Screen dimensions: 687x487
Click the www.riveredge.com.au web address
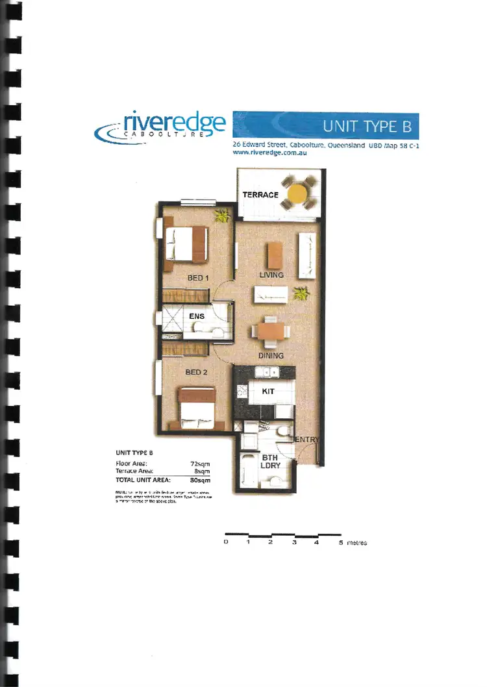pyautogui.click(x=269, y=153)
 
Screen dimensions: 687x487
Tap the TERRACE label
pyautogui.click(x=260, y=195)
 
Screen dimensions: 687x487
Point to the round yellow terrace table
pyautogui.click(x=298, y=193)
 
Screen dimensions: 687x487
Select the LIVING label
pyautogui.click(x=271, y=275)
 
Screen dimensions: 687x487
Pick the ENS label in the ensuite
pyautogui.click(x=197, y=317)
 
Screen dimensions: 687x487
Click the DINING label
pyautogui.click(x=270, y=356)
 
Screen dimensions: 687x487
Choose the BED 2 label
pyautogui.click(x=196, y=372)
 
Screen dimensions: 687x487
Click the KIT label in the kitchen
pyautogui.click(x=268, y=392)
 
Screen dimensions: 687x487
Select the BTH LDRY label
pyautogui.click(x=269, y=461)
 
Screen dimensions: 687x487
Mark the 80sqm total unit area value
pyautogui.click(x=200, y=481)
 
